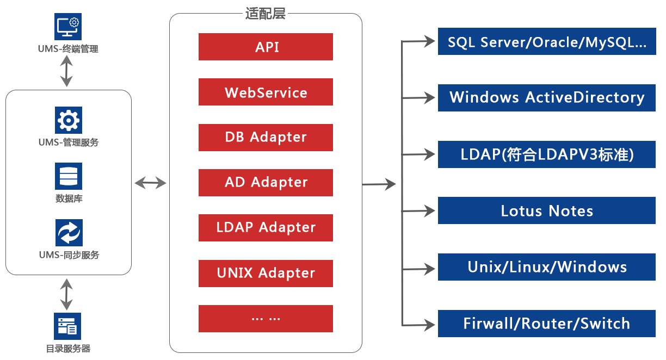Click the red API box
coord(266,47)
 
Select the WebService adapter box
coord(266,92)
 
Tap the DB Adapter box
coord(266,138)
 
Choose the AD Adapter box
coord(266,183)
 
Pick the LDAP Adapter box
coord(266,228)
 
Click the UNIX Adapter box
coord(266,273)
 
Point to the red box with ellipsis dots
coord(266,318)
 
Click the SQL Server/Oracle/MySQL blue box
coord(546,42)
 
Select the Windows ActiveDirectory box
coord(546,98)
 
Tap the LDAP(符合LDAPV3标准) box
coord(546,154)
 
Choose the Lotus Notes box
coord(546,210)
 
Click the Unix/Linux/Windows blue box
coord(546,267)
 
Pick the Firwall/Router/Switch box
coord(546,324)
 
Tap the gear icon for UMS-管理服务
coord(69,120)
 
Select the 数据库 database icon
coord(69,176)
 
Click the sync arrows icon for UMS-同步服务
coord(69,233)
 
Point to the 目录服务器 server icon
coord(67,326)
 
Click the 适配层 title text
coord(266,14)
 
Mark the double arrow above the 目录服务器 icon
coord(67,294)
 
